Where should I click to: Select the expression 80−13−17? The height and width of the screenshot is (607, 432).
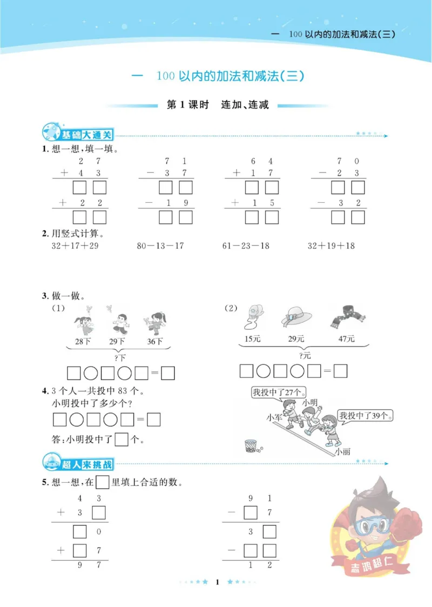click(x=160, y=246)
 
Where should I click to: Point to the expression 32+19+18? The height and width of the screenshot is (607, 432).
click(x=331, y=246)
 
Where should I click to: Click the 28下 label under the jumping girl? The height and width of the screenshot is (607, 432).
click(x=81, y=341)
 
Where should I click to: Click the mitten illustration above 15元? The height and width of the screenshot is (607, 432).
click(x=253, y=317)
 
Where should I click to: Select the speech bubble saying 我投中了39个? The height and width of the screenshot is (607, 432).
click(x=366, y=415)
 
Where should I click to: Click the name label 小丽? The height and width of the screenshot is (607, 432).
click(x=342, y=452)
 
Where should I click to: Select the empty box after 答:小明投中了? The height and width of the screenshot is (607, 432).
click(x=122, y=439)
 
